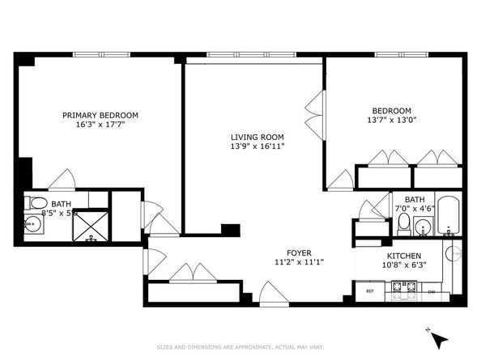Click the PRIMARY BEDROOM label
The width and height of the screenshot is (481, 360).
(x=100, y=115)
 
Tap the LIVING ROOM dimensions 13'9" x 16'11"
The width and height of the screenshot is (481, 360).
(x=257, y=146)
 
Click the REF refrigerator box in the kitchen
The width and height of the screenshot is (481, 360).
(x=369, y=290)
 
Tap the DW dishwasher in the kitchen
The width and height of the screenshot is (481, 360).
(x=432, y=290)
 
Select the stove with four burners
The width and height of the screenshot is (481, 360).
(x=402, y=287)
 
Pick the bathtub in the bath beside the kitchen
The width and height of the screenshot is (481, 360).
(x=448, y=214)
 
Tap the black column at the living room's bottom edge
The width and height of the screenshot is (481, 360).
(x=231, y=230)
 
